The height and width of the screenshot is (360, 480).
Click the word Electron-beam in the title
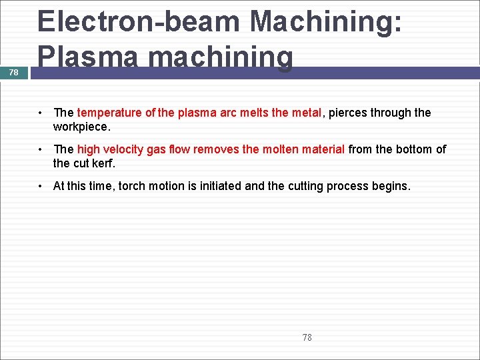(x=139, y=21)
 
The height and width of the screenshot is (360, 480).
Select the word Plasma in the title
(x=91, y=57)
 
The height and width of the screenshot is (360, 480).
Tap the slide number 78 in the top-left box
(x=14, y=72)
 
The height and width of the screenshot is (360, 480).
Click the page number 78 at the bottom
(x=307, y=337)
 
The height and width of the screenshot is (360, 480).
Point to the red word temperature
(x=109, y=113)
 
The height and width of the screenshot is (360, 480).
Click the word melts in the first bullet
(x=255, y=113)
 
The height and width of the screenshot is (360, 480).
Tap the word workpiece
(x=81, y=126)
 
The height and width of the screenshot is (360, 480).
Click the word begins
(x=393, y=186)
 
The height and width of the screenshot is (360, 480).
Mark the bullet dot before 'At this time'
(x=41, y=186)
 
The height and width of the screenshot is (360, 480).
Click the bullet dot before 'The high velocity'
(x=41, y=149)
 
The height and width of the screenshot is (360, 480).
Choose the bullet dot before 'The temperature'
(x=41, y=113)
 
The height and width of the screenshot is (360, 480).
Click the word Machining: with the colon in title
(x=325, y=21)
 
